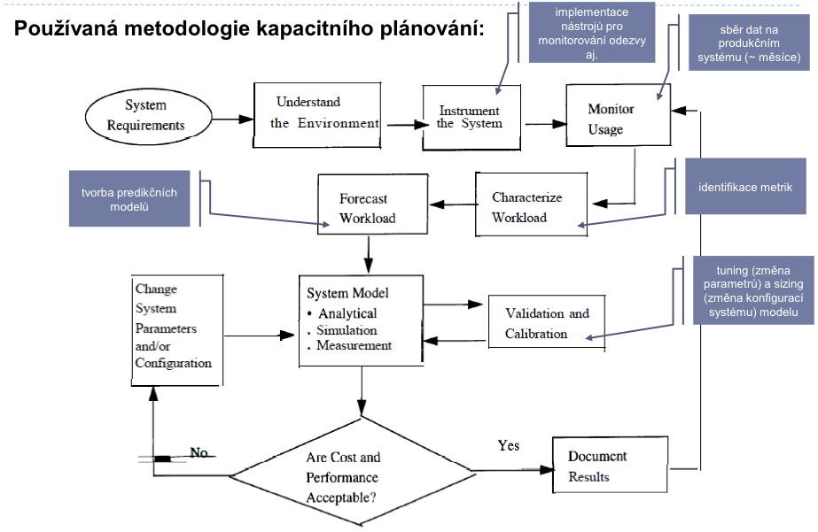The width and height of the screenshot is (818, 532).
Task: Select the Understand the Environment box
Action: tap(317, 115)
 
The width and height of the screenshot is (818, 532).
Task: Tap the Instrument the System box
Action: tap(471, 118)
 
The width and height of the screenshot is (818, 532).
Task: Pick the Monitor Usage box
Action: tap(619, 115)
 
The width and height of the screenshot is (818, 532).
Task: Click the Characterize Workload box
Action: tap(532, 204)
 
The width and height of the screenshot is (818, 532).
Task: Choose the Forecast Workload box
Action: tap(373, 204)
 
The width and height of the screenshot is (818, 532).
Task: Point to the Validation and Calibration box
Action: tap(547, 323)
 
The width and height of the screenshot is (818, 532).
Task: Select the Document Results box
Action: tap(610, 465)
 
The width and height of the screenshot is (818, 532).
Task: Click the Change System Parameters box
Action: tap(177, 330)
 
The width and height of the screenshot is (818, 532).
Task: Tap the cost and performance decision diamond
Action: tap(353, 472)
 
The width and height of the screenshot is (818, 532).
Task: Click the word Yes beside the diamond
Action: tap(508, 445)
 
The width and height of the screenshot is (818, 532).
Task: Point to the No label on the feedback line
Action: tap(199, 452)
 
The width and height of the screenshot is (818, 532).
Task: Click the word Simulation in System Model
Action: tap(347, 330)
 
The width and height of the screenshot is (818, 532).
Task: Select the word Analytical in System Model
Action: tap(347, 313)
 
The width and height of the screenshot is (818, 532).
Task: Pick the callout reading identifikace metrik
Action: tap(745, 187)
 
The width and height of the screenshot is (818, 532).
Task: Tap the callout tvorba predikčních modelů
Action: tap(129, 198)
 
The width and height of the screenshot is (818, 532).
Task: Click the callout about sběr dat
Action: tap(749, 42)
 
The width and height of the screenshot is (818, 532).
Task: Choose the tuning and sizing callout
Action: tap(753, 290)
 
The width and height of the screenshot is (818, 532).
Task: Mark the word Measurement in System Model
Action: tap(354, 345)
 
